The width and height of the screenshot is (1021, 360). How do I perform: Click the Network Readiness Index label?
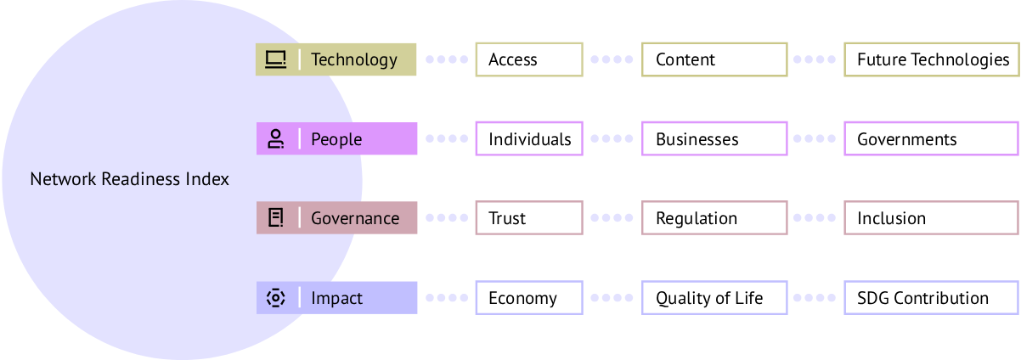129,180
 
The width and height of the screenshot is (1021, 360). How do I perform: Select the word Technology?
353,59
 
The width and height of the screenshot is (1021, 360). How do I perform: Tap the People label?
336,139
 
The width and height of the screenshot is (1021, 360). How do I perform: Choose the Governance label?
355,218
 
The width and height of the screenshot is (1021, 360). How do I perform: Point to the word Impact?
336,298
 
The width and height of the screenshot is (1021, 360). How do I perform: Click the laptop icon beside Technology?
275,59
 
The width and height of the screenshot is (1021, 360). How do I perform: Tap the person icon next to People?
275,139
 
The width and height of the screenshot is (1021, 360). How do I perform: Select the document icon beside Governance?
275,218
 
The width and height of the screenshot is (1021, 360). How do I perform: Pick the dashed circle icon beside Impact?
275,298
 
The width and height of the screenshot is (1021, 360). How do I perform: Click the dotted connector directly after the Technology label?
446,59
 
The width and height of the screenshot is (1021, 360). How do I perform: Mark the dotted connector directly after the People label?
446,138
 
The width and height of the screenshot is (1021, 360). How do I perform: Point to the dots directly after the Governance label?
446,218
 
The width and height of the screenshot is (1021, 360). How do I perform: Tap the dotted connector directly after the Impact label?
446,298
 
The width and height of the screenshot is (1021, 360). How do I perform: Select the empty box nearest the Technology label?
529,59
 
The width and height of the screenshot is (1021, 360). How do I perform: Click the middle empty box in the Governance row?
714,218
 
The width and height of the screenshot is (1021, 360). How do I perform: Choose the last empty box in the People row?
931,138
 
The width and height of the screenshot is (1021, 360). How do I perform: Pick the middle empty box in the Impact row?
714,298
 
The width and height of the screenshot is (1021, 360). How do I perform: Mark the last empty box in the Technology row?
931,59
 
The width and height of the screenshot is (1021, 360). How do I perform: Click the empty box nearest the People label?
529,138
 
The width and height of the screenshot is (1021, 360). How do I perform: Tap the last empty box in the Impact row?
931,298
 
